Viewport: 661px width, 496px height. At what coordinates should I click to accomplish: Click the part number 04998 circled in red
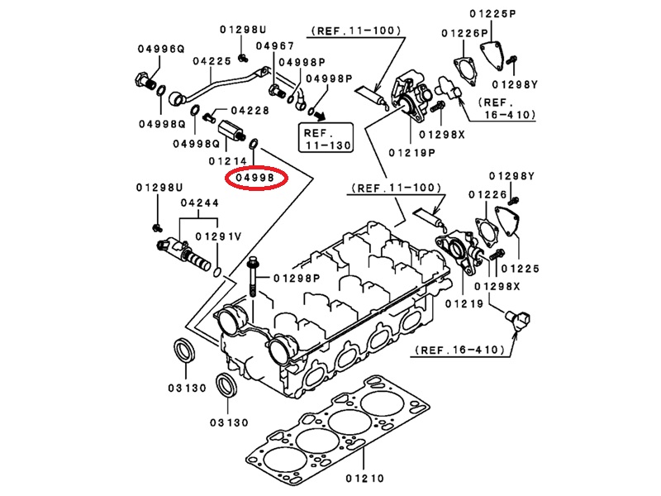tap(256, 177)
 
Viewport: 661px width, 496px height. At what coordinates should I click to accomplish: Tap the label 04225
tap(212, 60)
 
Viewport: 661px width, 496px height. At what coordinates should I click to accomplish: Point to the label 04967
tap(275, 45)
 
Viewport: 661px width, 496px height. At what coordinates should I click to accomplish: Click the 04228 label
tap(250, 110)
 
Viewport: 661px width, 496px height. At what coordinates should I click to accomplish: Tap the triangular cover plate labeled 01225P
tap(491, 58)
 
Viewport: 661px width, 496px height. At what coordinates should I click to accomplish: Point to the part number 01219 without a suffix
tap(461, 304)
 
